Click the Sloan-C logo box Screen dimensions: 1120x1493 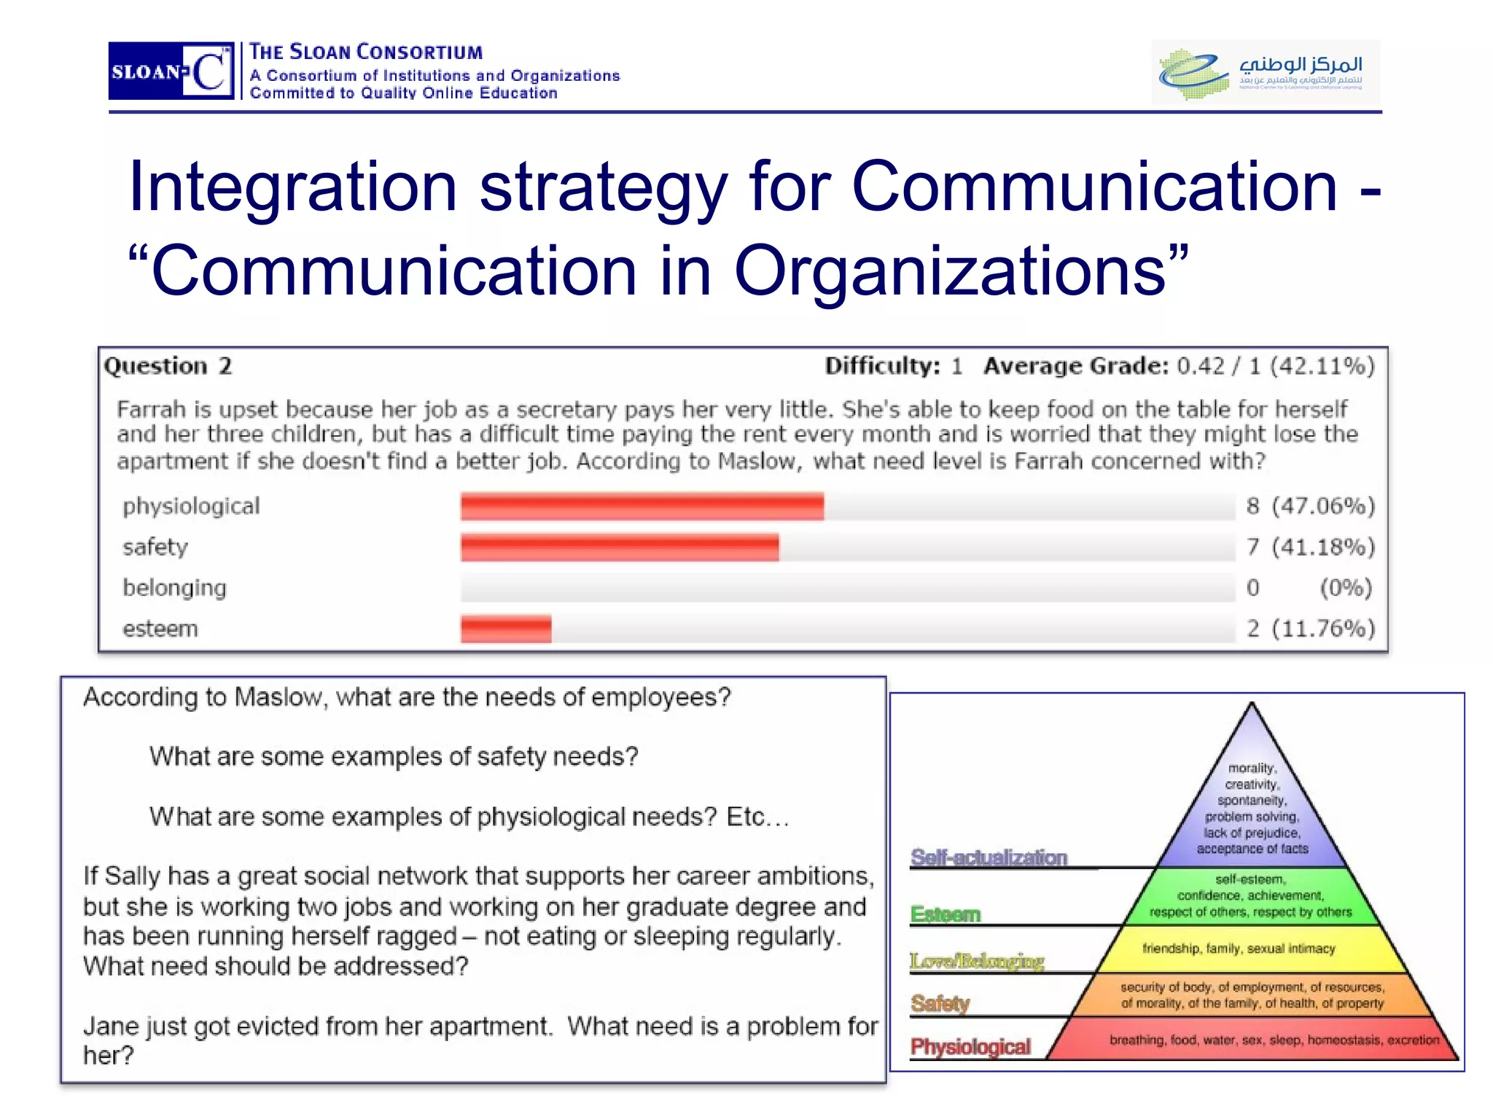click(171, 71)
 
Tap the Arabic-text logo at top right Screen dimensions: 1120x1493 click(1266, 71)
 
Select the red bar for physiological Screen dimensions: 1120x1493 click(642, 506)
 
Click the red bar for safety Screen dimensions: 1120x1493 click(620, 547)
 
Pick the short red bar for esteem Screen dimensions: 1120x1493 click(506, 629)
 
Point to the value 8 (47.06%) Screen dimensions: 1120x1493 click(1310, 506)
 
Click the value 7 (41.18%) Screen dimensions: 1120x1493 click(1310, 547)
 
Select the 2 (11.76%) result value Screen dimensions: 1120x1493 click(1310, 629)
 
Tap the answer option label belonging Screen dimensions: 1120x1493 click(174, 588)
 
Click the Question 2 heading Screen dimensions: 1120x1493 click(168, 366)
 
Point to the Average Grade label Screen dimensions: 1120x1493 click(1076, 366)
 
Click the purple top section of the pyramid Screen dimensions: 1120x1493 click(1252, 802)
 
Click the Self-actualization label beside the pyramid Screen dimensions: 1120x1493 click(989, 857)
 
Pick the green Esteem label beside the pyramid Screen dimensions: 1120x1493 click(946, 914)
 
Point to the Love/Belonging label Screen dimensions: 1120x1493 click(977, 961)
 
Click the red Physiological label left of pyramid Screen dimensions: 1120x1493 click(970, 1047)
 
